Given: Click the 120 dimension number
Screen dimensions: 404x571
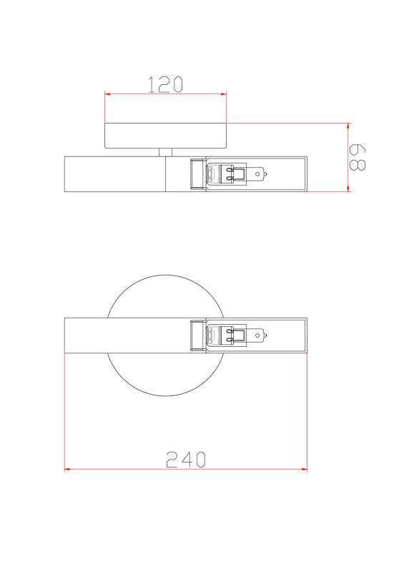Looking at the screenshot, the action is tap(165, 84).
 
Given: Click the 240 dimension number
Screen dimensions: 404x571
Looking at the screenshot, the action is tap(186, 459).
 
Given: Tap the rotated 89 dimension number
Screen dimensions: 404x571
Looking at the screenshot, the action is tap(358, 157).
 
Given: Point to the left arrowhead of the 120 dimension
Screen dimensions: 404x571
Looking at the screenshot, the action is tap(108, 94).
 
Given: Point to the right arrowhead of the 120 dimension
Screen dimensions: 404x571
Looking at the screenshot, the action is tap(223, 94).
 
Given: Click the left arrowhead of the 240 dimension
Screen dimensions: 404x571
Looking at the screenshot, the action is tap(67, 469).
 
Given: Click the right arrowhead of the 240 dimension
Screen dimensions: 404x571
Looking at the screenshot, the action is tap(304, 469).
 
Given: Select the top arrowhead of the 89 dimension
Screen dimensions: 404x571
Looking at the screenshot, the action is tap(348, 126).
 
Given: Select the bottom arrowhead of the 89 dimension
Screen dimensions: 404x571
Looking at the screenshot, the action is tap(348, 188).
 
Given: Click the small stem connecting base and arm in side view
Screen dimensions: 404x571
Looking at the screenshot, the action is tap(165, 152).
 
